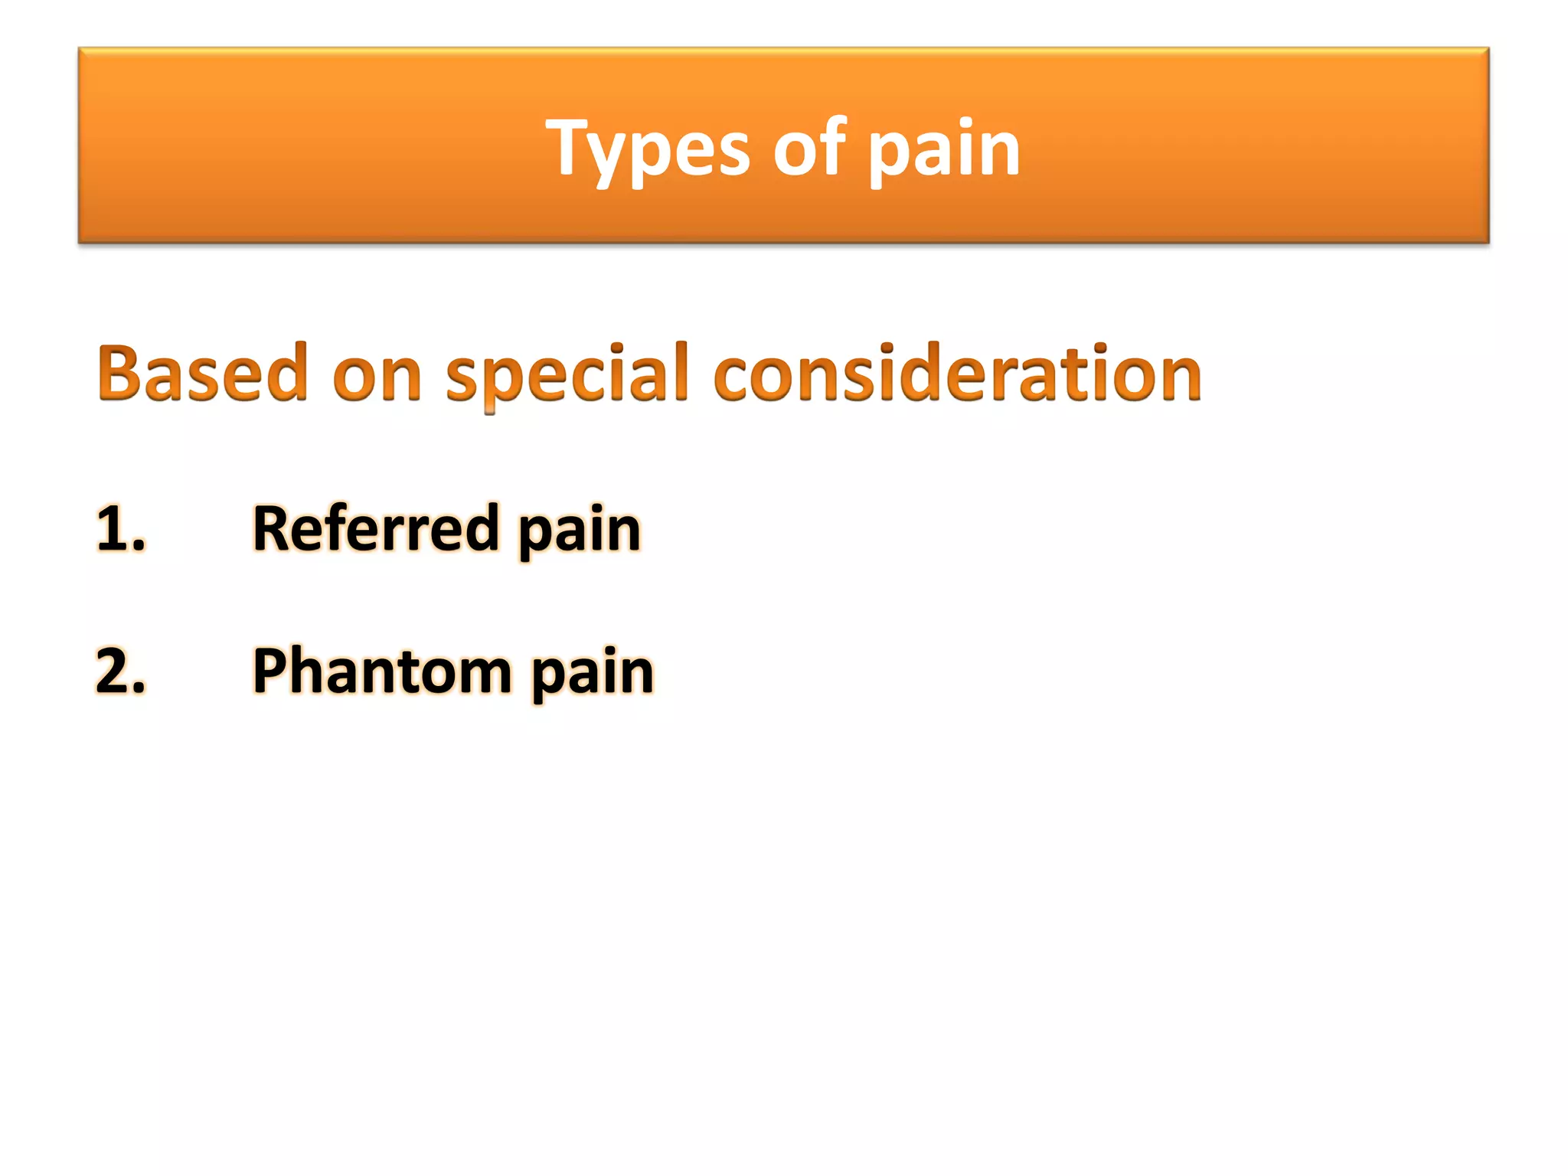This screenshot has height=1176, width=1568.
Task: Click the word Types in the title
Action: tap(647, 149)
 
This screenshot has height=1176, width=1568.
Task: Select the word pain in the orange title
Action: tap(943, 149)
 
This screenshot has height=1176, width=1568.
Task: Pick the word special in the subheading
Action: tap(567, 375)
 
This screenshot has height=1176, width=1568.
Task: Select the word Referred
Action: tap(376, 528)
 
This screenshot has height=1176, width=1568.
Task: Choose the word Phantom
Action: tap(382, 671)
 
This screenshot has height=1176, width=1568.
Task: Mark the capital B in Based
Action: tap(122, 373)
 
